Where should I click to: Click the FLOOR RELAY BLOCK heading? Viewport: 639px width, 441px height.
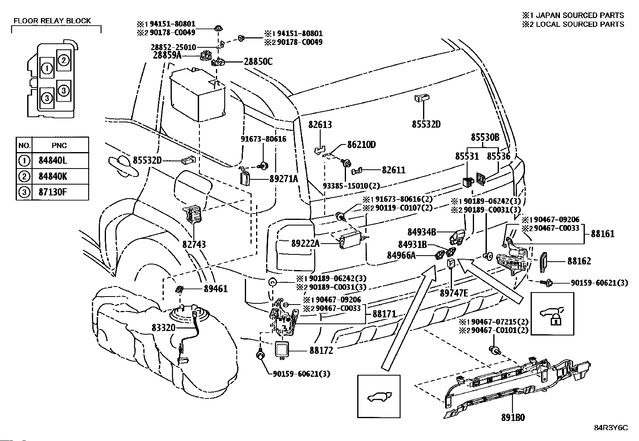pos(52,21)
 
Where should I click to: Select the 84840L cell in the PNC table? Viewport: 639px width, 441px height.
pos(53,161)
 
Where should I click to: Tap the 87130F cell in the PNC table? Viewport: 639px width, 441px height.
pos(53,192)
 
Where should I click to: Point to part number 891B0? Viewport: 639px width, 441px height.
pos(513,417)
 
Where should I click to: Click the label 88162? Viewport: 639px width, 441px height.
pos(579,261)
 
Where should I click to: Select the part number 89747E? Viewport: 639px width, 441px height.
pos(454,293)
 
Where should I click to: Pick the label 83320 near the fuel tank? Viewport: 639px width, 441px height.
pos(163,327)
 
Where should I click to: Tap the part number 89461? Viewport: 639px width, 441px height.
pos(216,289)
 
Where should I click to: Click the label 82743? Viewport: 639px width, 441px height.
pos(193,244)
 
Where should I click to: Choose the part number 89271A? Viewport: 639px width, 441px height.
pos(283,179)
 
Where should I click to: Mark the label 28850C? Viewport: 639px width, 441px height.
pos(258,62)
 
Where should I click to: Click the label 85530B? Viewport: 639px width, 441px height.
pos(485,138)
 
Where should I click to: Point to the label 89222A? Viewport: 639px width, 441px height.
pos(305,243)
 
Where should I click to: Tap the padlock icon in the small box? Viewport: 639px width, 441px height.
pos(556,320)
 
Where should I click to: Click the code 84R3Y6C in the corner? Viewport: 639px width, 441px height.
pos(611,427)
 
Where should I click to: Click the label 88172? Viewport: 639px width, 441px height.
pos(321,350)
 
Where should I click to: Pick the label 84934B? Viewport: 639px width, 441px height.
pos(421,232)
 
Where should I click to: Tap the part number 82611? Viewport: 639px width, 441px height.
pos(393,170)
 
